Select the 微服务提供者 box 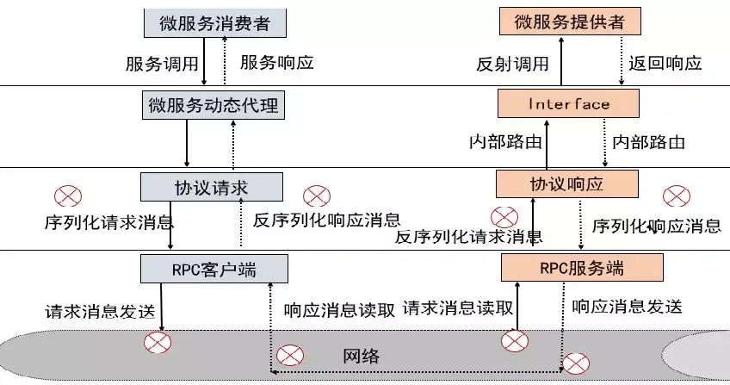570,22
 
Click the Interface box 569,104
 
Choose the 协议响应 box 568,183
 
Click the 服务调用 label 163,64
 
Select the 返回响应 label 665,63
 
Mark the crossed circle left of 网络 289,355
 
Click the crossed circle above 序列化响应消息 676,196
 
